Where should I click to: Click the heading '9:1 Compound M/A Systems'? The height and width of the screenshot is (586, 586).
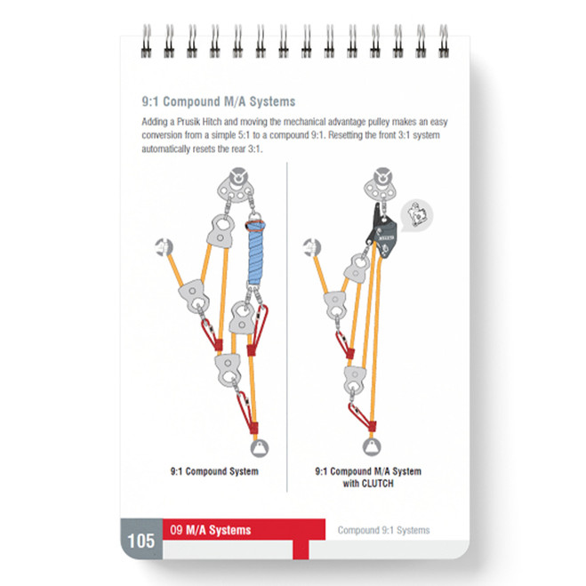pos(218,101)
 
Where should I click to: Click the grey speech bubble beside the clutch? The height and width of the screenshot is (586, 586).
pos(414,214)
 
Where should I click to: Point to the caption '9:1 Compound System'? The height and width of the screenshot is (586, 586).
pos(214,471)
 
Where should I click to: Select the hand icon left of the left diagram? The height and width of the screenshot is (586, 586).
pos(163,246)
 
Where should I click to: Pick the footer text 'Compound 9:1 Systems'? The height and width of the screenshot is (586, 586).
pos(383,530)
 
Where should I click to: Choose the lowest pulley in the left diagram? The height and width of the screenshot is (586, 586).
pos(229,366)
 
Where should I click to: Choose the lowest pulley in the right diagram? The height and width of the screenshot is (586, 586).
pos(355,377)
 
